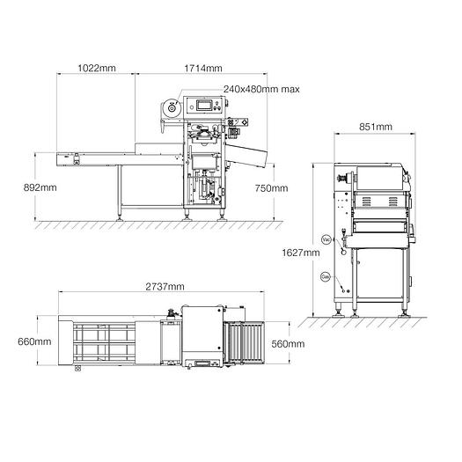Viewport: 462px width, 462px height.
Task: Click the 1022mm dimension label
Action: [x=97, y=68]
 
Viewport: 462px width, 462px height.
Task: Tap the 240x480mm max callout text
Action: [x=261, y=89]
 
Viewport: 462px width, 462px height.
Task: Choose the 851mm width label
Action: [x=376, y=127]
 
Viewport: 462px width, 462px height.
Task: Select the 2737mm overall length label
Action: [x=164, y=287]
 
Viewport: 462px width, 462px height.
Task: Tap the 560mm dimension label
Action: [x=287, y=343]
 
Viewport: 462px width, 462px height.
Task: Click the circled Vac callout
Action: [x=326, y=239]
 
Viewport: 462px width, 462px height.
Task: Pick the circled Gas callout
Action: [x=325, y=275]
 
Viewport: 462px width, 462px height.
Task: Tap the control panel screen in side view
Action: [x=206, y=106]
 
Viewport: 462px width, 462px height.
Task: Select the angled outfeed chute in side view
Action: [x=250, y=159]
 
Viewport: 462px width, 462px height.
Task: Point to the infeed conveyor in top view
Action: [x=103, y=342]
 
